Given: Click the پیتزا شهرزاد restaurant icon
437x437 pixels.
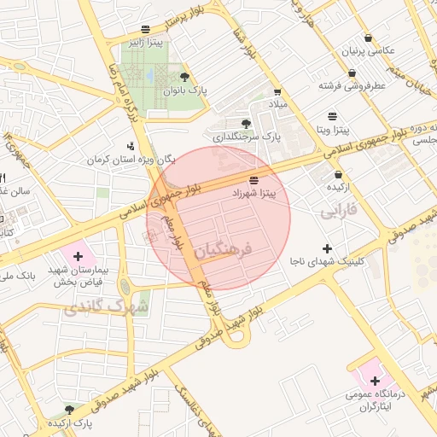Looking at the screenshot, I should pyautogui.click(x=253, y=180).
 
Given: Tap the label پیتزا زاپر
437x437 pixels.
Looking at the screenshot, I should pyautogui.click(x=142, y=41).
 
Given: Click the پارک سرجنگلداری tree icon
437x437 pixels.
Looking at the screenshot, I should pyautogui.click(x=246, y=123).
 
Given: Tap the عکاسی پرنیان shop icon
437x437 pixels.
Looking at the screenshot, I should pyautogui.click(x=368, y=38).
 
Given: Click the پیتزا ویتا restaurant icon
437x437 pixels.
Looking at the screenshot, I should pyautogui.click(x=332, y=116).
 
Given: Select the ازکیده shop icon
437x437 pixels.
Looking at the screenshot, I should pyautogui.click(x=338, y=173).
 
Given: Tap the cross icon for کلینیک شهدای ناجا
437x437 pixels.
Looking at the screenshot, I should pyautogui.click(x=327, y=248).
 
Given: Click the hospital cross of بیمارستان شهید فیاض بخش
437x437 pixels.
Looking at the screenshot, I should pyautogui.click(x=79, y=255).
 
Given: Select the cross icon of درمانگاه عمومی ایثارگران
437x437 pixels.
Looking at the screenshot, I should pyautogui.click(x=375, y=380).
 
